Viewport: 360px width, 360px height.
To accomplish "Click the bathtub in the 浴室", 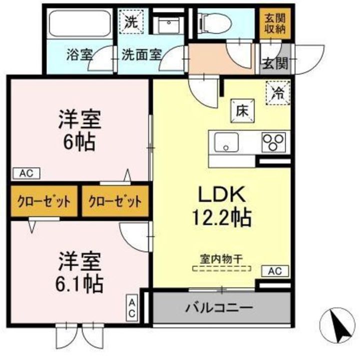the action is click(x=80, y=23).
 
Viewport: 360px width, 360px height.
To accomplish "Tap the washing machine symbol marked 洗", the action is click(x=131, y=21).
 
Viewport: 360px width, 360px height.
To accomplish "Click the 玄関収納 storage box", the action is click(x=275, y=23).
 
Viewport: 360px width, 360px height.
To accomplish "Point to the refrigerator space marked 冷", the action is click(x=278, y=93).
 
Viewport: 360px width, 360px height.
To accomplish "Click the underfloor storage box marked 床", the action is click(x=242, y=111).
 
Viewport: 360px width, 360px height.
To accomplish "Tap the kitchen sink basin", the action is click(x=226, y=142).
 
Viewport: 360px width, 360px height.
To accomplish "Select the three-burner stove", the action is click(x=273, y=142).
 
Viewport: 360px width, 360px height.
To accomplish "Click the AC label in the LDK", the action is click(x=275, y=271).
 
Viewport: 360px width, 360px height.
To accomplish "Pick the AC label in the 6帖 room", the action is click(x=26, y=173).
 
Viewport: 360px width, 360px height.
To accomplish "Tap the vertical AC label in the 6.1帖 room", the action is click(x=132, y=308).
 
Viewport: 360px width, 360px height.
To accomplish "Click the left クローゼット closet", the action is click(x=44, y=201).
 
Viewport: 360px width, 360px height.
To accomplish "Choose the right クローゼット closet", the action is click(x=115, y=201).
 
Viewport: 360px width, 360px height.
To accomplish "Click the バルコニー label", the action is click(x=219, y=307).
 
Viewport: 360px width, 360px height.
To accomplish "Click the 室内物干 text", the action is click(x=221, y=259).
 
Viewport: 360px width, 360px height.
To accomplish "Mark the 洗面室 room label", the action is click(x=141, y=55).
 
